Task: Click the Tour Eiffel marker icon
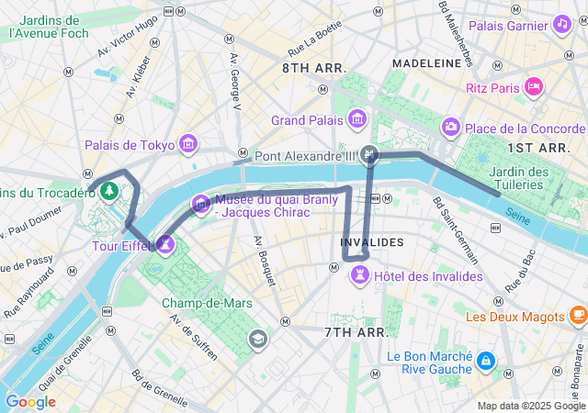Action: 165,244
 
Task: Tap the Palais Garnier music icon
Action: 560,25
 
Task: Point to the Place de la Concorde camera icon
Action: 450,127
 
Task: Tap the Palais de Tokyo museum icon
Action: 188,144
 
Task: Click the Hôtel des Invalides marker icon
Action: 360,275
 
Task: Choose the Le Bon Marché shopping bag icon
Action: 485,363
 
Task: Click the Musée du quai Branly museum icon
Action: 200,204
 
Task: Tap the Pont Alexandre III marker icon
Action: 369,154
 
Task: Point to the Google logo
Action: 30,401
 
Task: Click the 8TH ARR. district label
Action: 313,69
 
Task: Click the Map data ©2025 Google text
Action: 530,406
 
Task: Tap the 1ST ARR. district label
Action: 539,147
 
